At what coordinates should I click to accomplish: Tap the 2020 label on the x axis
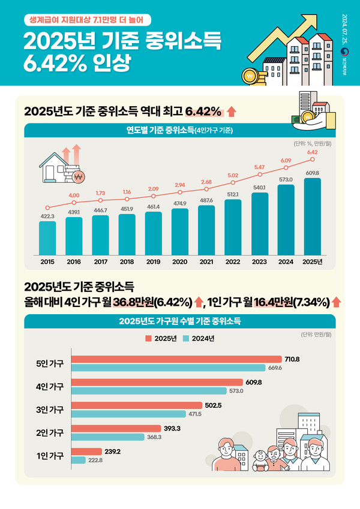click(179, 261)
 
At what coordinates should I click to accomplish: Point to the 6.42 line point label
click(312, 152)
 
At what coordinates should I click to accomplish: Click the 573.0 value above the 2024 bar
click(286, 179)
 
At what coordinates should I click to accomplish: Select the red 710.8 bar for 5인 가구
click(176, 359)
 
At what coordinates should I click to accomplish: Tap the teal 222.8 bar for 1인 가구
click(79, 460)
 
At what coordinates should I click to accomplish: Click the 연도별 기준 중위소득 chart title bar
click(179, 130)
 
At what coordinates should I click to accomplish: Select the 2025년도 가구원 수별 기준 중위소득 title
click(179, 321)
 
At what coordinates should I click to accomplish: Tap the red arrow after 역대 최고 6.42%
click(232, 112)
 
